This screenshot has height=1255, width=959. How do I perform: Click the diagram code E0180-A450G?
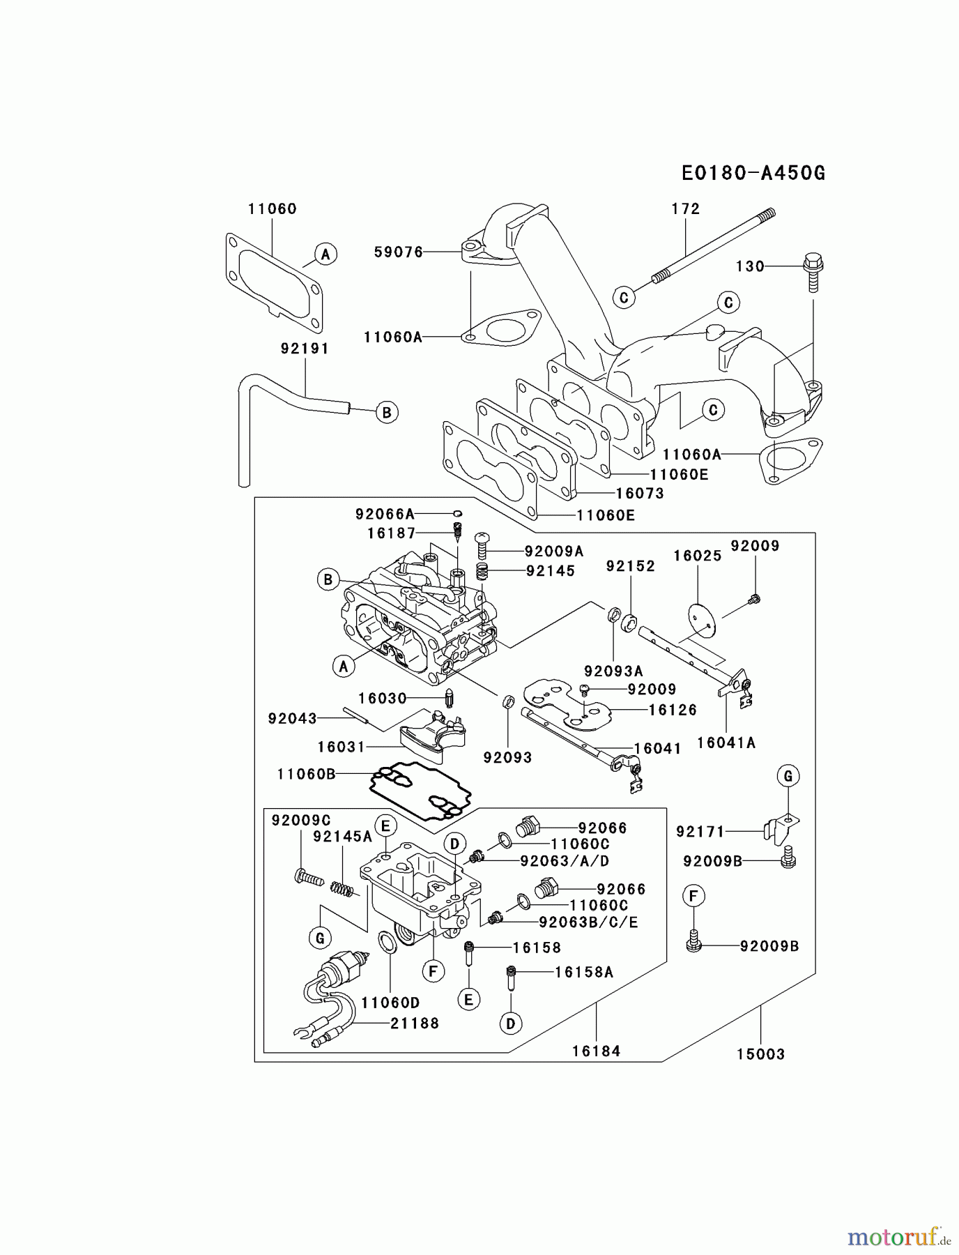point(753,174)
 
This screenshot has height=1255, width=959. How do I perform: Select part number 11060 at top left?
point(272,208)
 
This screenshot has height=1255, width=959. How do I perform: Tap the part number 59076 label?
point(399,252)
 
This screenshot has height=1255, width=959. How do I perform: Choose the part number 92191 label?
point(305,348)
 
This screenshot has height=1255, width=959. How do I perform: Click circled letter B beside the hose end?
point(386,412)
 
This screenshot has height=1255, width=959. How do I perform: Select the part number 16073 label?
point(640,494)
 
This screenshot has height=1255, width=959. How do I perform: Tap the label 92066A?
point(385,515)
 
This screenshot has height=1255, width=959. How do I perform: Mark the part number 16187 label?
point(391,533)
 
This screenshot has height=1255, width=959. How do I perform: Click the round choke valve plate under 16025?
point(700,618)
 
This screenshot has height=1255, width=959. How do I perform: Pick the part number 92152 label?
point(630,566)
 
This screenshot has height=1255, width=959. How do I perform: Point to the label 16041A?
point(726,743)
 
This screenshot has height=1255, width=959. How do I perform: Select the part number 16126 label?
point(673,710)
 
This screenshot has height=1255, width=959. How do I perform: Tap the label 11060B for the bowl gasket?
point(306,774)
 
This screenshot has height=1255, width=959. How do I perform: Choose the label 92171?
point(700,831)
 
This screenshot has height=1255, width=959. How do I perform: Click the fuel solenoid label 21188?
point(414,1024)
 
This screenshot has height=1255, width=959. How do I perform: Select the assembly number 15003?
point(760,1054)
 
